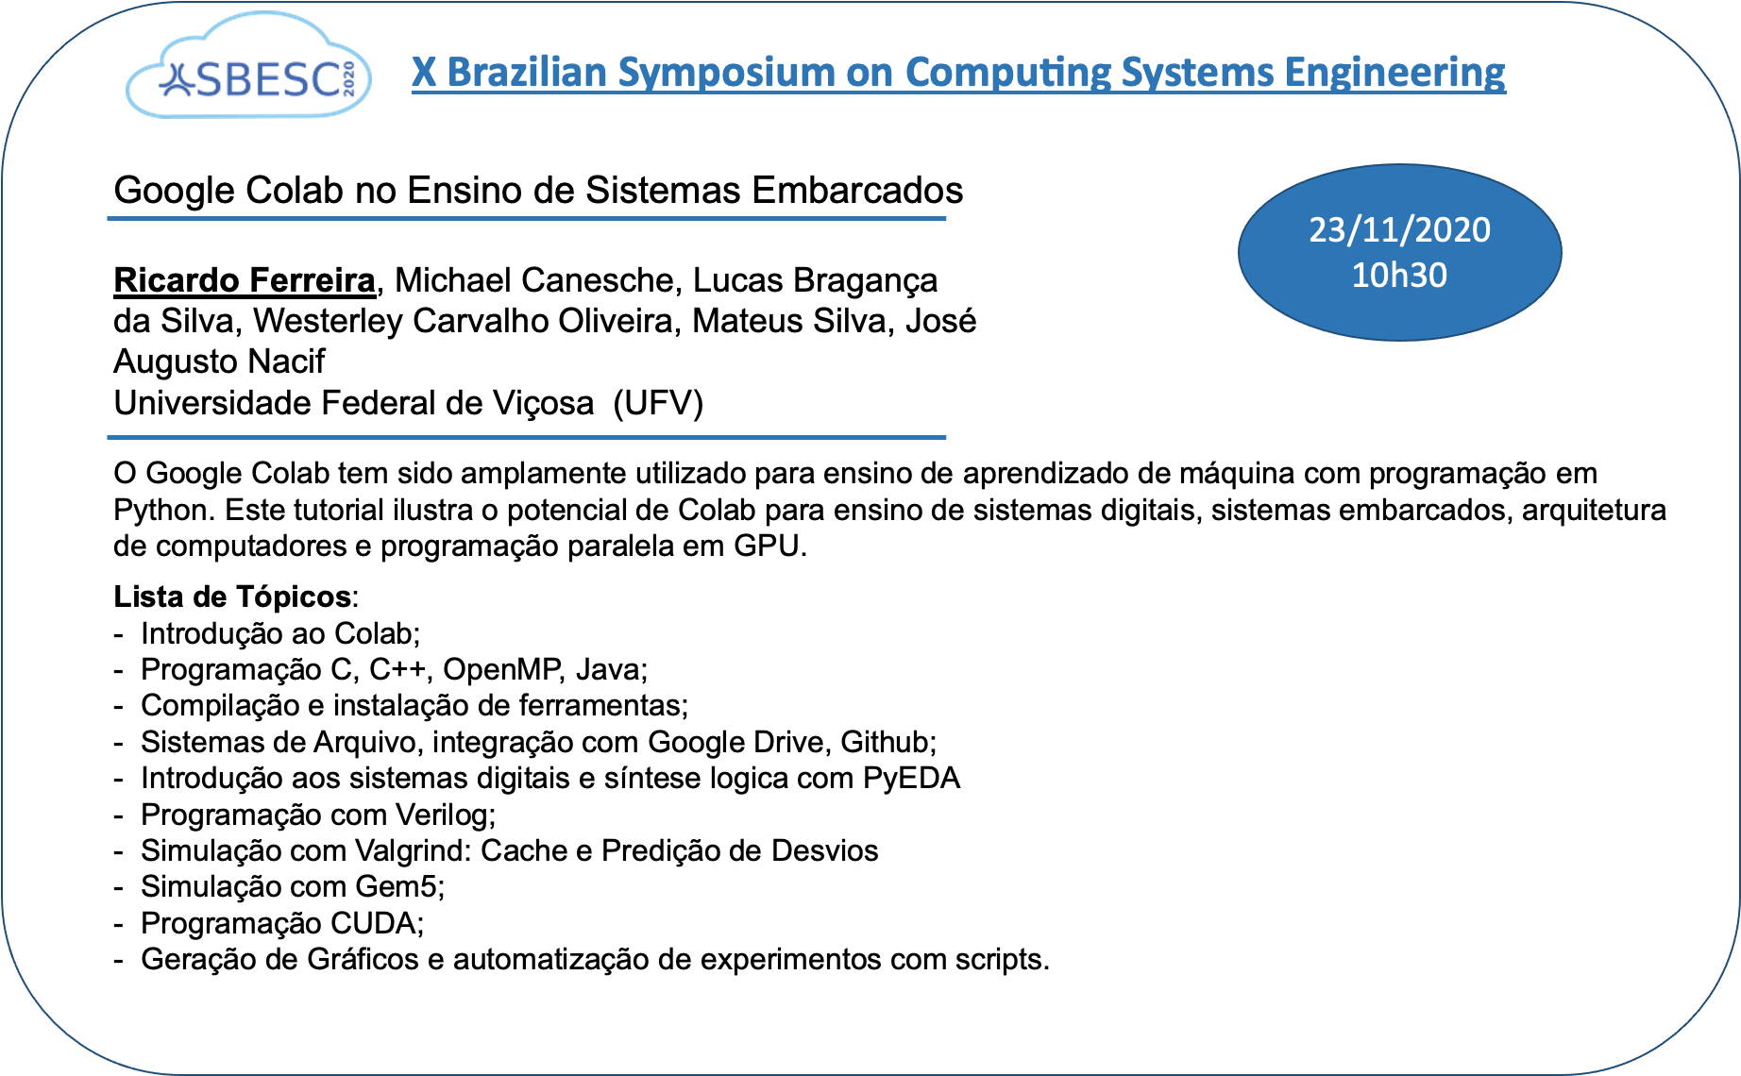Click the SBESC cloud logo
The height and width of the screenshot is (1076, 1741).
point(248,66)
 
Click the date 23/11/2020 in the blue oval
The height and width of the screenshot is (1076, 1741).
point(1399,229)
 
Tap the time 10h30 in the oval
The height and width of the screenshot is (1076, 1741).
point(1399,275)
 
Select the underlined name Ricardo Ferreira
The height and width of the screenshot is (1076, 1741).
point(245,280)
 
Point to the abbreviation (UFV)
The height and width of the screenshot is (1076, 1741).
point(658,403)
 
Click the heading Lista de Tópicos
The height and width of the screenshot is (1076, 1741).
point(232,597)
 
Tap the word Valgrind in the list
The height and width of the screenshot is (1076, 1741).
point(412,850)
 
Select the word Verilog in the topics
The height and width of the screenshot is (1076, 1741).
point(443,815)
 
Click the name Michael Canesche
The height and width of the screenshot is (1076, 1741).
point(533,280)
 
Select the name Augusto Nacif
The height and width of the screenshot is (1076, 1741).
point(219,361)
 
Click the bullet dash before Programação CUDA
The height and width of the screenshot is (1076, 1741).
point(119,924)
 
